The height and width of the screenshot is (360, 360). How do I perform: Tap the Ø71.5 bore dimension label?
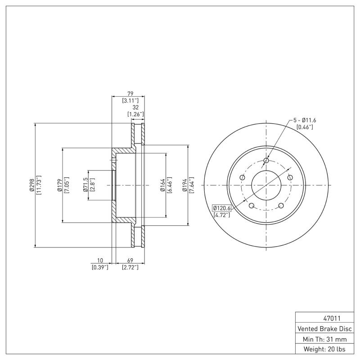tap(85, 185)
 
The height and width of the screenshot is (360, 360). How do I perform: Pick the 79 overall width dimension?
tap(130, 94)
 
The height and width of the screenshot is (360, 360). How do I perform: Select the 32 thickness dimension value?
tap(135, 108)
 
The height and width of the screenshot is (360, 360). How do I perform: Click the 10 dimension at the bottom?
tap(99, 261)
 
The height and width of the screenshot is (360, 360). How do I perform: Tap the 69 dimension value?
tap(130, 261)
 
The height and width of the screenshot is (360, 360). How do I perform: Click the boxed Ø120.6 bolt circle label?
tap(221, 208)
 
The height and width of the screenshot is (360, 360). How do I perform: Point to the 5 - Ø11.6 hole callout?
tap(305, 120)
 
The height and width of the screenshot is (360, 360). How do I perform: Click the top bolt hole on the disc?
tap(266, 161)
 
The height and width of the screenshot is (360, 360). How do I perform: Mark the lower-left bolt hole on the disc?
tap(252, 206)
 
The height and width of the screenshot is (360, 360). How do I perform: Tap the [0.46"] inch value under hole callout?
tap(305, 127)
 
